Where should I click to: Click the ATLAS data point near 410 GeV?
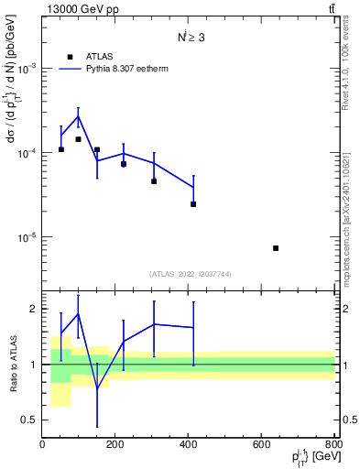pyautogui.click(x=193, y=204)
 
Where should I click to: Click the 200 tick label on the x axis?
pyautogui.click(x=115, y=445)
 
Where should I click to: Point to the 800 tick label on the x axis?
pyautogui.click(x=332, y=445)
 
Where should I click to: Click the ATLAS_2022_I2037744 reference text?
pyautogui.click(x=191, y=274)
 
